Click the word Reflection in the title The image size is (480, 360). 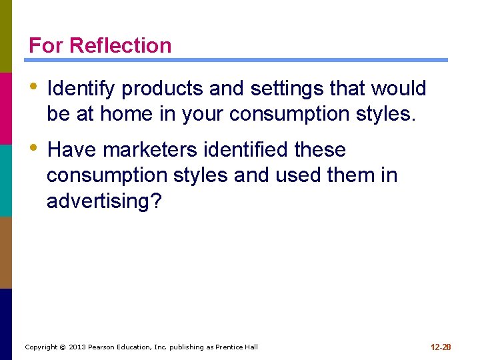120,45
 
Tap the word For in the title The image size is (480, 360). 46,45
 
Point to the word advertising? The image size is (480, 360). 104,201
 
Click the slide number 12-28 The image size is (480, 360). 441,347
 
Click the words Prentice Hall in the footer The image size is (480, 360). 234,347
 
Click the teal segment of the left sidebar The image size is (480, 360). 6,180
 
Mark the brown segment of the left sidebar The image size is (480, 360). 6,252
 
